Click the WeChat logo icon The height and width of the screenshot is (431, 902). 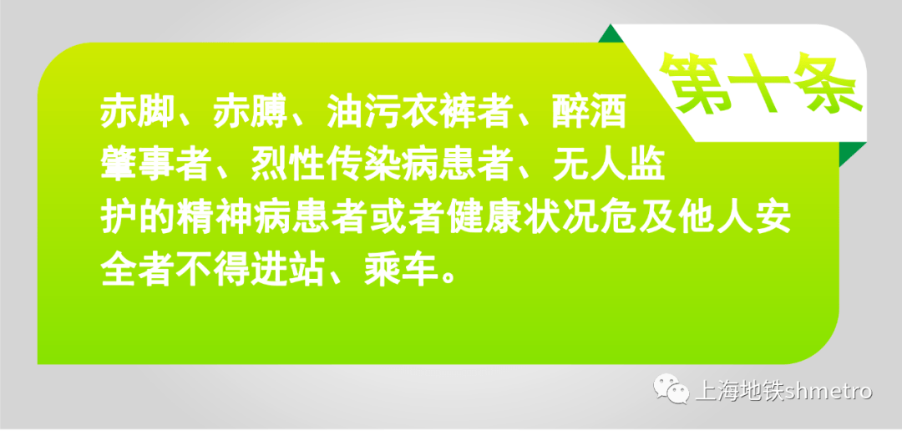point(672,390)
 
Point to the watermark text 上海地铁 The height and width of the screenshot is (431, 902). point(733,391)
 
